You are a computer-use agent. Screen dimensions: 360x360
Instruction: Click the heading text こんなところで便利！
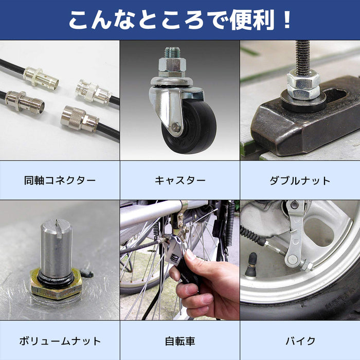180,20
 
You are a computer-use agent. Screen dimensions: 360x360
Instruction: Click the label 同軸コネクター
60,181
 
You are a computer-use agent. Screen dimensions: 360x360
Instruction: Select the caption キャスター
180,181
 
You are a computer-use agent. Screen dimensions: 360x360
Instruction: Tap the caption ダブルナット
300,181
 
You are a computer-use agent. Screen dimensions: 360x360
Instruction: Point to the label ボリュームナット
60,340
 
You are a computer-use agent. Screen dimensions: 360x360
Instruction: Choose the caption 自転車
180,340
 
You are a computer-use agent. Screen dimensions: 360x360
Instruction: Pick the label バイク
300,340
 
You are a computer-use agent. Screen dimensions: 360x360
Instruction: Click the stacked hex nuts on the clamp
303,85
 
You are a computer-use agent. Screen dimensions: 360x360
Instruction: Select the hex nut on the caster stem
172,66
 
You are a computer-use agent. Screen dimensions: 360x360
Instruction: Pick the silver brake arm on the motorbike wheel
295,237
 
